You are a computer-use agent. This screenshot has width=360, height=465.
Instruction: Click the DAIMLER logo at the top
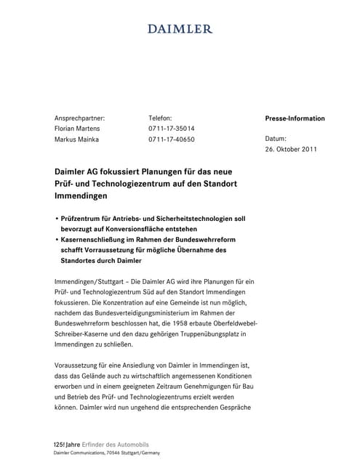pyautogui.click(x=180, y=29)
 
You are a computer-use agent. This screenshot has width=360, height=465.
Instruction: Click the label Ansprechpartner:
pyautogui.click(x=80, y=117)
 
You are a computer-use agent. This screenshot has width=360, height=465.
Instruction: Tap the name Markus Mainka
pyautogui.click(x=78, y=139)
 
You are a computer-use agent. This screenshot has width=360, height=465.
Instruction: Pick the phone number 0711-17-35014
pyautogui.click(x=172, y=128)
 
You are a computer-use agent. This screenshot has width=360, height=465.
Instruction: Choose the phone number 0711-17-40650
pyautogui.click(x=172, y=139)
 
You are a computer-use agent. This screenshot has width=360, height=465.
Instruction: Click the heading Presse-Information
pyautogui.click(x=295, y=118)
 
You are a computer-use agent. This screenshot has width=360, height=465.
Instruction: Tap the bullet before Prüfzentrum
pyautogui.click(x=57, y=217)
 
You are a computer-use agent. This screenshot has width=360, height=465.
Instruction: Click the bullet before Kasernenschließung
pyautogui.click(x=57, y=239)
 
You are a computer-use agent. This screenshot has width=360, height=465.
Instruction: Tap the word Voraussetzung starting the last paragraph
pyautogui.click(x=80, y=365)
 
